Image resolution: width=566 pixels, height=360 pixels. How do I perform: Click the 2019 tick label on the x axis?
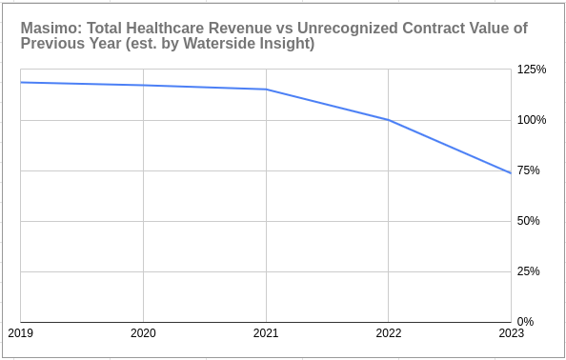coord(20,333)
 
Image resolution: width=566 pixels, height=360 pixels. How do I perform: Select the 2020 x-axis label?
coord(143,333)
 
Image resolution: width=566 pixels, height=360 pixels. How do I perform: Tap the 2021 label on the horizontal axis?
coord(266,333)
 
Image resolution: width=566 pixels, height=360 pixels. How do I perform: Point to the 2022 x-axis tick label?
coord(388,333)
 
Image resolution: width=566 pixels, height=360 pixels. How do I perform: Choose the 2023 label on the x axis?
coord(511,333)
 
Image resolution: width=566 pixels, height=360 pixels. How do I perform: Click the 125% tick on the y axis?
coord(531,70)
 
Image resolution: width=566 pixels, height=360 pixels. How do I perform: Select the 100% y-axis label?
coord(531,120)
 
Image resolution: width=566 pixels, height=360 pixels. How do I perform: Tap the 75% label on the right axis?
coord(528,170)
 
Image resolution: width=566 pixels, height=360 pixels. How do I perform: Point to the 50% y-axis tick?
coord(528,221)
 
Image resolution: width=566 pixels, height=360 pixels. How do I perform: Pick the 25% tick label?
coord(528,271)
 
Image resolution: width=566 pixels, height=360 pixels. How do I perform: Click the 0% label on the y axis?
coord(525,321)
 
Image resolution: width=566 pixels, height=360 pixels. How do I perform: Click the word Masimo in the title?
coord(48,29)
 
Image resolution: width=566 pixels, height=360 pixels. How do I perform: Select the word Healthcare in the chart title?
coord(172,29)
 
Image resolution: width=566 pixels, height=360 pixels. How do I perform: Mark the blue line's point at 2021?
coord(266,90)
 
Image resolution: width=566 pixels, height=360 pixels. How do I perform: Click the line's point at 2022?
coord(388,120)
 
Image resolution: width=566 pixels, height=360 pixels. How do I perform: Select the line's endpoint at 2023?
coord(511,173)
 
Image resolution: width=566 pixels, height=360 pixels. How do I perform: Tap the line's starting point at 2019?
coord(21,82)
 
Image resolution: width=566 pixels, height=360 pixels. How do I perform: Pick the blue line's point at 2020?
coord(143,86)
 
